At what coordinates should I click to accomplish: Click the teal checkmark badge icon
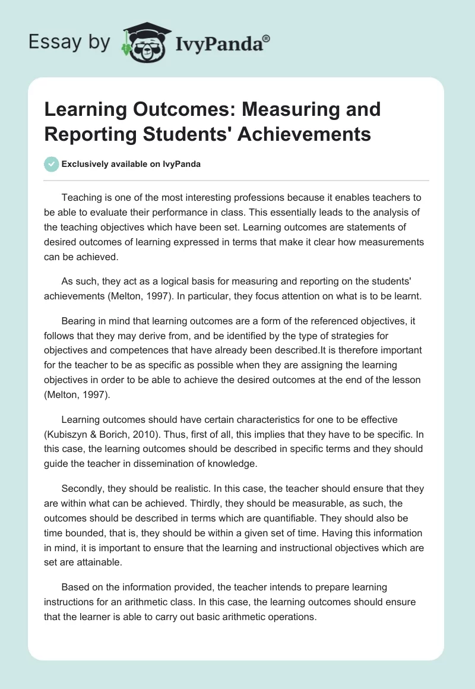point(52,164)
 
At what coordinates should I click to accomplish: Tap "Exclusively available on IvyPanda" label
point(132,165)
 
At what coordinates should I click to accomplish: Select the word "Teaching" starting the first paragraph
point(82,197)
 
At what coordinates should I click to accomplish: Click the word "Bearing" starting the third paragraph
point(80,321)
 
